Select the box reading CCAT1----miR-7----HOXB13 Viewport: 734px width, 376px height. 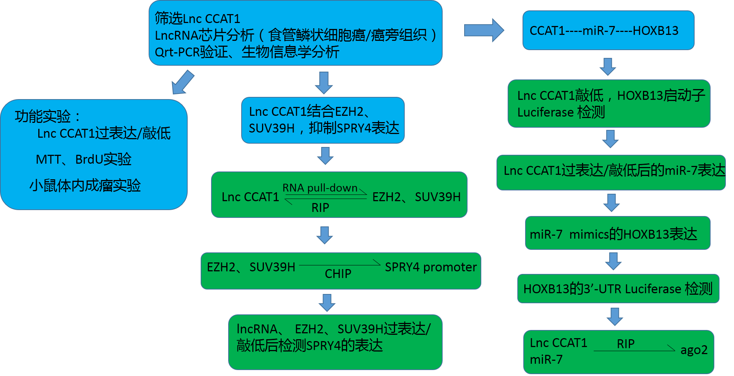[x=608, y=30]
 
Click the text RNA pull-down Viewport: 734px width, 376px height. [x=320, y=188]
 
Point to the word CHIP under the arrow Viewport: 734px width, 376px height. [x=338, y=274]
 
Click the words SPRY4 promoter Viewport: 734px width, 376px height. [x=430, y=267]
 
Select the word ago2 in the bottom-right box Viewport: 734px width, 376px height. [x=693, y=350]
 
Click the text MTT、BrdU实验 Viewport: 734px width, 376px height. [x=84, y=159]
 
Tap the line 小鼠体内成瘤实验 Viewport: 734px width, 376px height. [x=85, y=185]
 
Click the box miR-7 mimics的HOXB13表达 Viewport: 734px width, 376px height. [x=617, y=234]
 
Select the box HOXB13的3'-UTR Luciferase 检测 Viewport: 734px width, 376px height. [x=618, y=289]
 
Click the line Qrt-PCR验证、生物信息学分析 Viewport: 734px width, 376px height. [x=247, y=52]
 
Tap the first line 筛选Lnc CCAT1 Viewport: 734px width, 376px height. [x=197, y=18]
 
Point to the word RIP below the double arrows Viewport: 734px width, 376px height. [x=320, y=207]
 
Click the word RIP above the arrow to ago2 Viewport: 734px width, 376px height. [x=625, y=344]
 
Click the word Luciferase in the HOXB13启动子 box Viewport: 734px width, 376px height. [x=545, y=112]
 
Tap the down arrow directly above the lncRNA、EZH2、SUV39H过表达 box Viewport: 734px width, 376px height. [x=327, y=303]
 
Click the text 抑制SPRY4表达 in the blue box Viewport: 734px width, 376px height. [x=354, y=128]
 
